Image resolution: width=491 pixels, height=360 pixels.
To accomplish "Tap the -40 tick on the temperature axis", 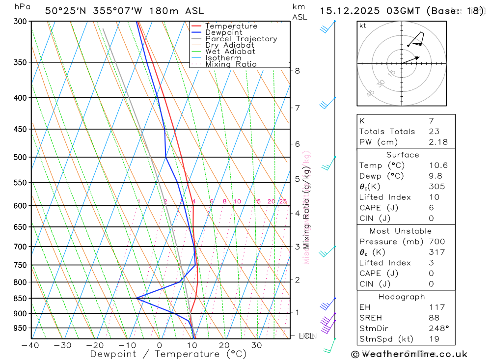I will (x=30, y=345).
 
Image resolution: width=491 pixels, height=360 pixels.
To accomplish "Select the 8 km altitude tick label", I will (x=297, y=71).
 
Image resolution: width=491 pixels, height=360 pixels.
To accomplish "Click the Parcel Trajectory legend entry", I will (x=241, y=39).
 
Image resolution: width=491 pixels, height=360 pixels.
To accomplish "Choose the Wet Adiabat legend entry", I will (x=230, y=52).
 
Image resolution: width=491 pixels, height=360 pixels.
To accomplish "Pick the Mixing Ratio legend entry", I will (x=231, y=64).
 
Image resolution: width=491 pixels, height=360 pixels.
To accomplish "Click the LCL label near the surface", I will (x=306, y=336).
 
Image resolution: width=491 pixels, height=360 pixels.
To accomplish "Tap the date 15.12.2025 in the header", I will (x=344, y=11).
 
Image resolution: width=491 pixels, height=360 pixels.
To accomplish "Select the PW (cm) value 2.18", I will (x=438, y=142).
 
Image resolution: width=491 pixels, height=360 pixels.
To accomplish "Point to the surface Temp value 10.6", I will (x=438, y=166).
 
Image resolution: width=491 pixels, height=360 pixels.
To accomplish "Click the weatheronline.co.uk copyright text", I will (x=409, y=354).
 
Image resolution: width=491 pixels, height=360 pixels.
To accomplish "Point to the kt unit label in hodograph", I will (x=362, y=26).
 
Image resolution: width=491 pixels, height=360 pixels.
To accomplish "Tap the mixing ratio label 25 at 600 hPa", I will (x=283, y=202).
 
